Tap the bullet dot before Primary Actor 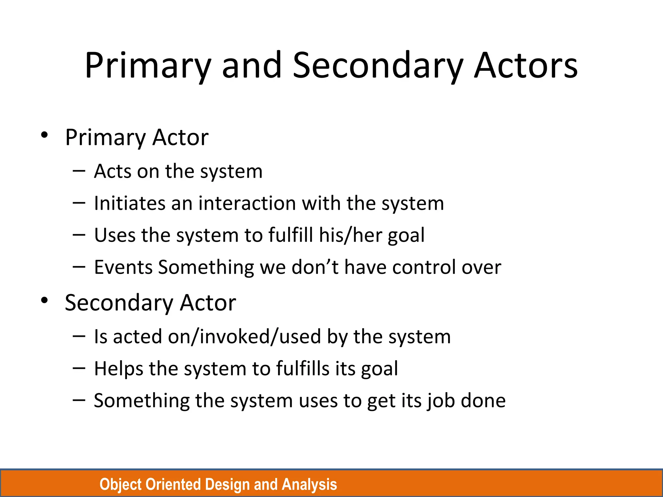pyautogui.click(x=45, y=135)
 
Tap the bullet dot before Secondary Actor pyautogui.click(x=45, y=300)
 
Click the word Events pyautogui.click(x=123, y=267)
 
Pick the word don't pyautogui.click(x=315, y=267)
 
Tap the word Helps pyautogui.click(x=118, y=369)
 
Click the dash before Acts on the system pyautogui.click(x=79, y=171)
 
